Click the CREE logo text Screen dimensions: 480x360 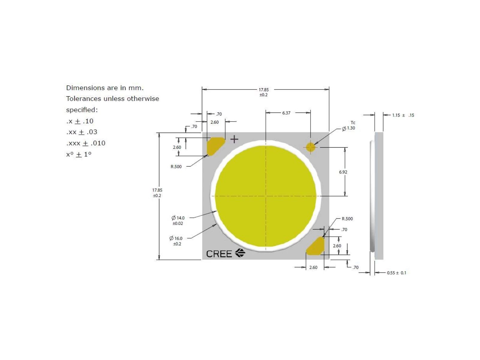coord(218,254)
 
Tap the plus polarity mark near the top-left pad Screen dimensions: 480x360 coord(234,139)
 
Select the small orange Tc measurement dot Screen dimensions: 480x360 coord(310,147)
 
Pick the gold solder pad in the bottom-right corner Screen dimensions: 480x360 coord(315,246)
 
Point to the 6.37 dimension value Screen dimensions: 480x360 coord(286,113)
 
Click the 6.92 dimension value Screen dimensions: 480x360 coord(343,172)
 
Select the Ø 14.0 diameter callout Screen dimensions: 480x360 coord(178,220)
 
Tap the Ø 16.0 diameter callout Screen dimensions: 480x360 coord(176,241)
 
